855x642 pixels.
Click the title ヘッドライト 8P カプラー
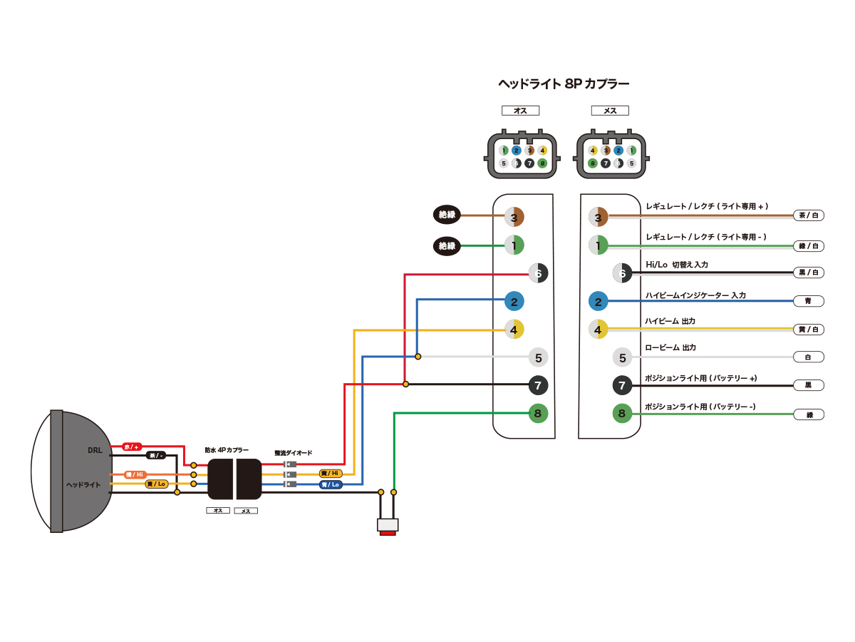[563, 83]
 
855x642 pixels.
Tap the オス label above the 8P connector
[520, 111]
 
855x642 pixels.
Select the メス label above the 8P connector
[610, 111]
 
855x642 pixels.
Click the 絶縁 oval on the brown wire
[447, 214]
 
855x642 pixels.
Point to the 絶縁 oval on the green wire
[447, 246]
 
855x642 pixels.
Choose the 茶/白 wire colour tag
[808, 215]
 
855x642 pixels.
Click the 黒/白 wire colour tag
[808, 272]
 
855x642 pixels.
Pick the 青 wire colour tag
[808, 301]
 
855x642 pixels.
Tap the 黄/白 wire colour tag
[808, 329]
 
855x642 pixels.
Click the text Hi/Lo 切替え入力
[676, 265]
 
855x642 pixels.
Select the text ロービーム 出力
[670, 347]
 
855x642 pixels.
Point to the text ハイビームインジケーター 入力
[695, 295]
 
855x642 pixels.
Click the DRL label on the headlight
[95, 450]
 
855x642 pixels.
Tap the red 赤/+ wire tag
[132, 447]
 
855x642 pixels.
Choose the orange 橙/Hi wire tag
[135, 474]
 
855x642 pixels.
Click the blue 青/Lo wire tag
[330, 484]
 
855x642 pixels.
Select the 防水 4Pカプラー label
[227, 450]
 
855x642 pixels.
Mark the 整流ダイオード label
[293, 453]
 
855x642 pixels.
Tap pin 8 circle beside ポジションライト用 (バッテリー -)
[622, 413]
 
